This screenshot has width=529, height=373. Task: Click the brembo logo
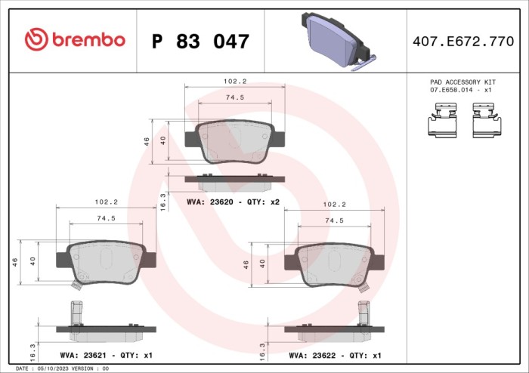click(74, 40)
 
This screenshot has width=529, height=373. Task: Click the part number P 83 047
click(200, 42)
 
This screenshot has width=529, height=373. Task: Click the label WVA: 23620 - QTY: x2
click(233, 202)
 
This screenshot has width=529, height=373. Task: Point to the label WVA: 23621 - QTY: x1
click(106, 355)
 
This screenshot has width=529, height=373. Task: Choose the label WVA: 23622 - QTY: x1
click(335, 355)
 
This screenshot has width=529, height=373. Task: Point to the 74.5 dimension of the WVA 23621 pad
click(105, 218)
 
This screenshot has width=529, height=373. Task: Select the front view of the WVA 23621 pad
click(106, 264)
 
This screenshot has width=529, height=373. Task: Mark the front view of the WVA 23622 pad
click(333, 266)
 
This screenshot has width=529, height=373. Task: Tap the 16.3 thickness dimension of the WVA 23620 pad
click(163, 202)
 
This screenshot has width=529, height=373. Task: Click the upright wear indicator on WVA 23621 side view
click(76, 312)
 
